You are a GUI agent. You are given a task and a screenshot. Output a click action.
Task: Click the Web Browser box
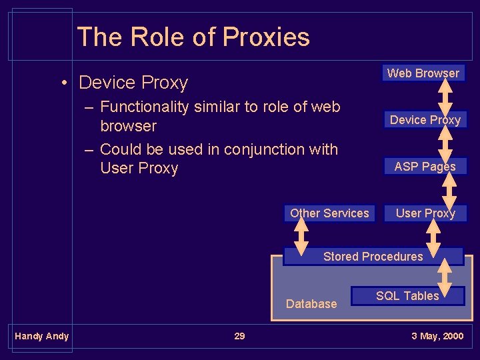pyautogui.click(x=423, y=73)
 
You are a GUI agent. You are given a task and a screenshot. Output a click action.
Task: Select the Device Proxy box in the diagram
pyautogui.click(x=425, y=120)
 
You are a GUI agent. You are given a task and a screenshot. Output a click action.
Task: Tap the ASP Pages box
pyautogui.click(x=425, y=167)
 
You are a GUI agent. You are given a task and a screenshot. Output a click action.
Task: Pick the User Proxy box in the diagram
pyautogui.click(x=425, y=213)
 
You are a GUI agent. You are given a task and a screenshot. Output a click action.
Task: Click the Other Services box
pyautogui.click(x=329, y=213)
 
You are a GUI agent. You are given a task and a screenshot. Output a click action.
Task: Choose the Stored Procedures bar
pyautogui.click(x=373, y=257)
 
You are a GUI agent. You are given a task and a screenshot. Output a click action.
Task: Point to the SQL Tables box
pyautogui.click(x=407, y=296)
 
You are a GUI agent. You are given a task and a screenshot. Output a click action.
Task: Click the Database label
pyautogui.click(x=311, y=304)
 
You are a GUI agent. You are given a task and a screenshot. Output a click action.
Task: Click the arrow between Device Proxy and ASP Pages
pyautogui.click(x=446, y=143)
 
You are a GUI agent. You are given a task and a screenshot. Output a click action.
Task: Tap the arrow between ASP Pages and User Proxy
pyautogui.click(x=449, y=190)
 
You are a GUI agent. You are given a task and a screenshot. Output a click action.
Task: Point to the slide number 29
pyautogui.click(x=239, y=336)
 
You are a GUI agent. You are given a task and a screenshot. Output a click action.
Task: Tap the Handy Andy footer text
pyautogui.click(x=42, y=336)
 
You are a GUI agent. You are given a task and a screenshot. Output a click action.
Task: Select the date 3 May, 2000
pyautogui.click(x=437, y=336)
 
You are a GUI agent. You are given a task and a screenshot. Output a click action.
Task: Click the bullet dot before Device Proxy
pyautogui.click(x=65, y=83)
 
